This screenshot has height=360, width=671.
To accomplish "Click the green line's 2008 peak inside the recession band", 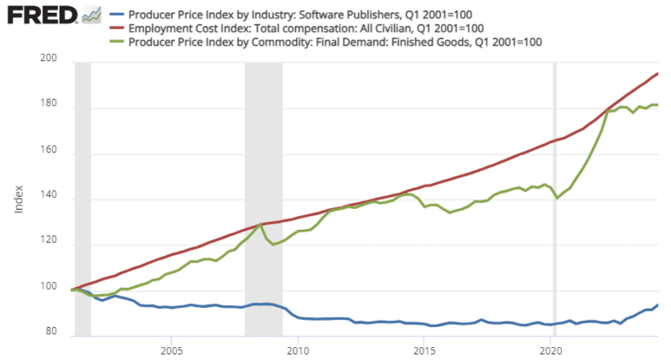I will coord(261,224).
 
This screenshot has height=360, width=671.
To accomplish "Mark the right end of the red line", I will coord(658,73).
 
